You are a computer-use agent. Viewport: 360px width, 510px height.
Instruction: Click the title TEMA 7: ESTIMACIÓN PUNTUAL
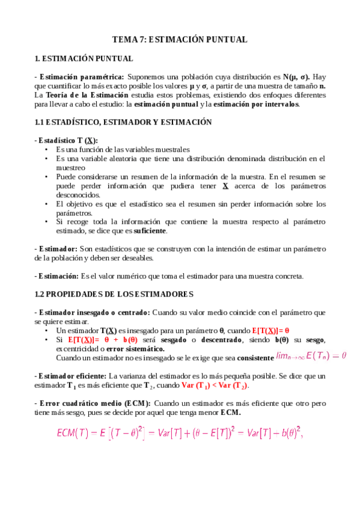(x=180, y=40)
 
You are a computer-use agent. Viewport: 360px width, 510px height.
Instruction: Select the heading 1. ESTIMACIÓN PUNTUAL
(x=84, y=58)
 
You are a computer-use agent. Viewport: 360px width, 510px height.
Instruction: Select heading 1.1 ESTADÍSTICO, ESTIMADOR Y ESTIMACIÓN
(x=123, y=122)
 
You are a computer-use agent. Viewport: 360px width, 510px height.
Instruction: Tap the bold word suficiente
(x=150, y=231)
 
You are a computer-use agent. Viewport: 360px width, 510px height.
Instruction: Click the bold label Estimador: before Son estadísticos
(x=56, y=249)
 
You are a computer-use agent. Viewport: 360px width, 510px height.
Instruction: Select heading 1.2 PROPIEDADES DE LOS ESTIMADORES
(x=114, y=294)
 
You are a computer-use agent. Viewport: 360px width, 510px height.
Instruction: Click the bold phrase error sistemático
(x=135, y=348)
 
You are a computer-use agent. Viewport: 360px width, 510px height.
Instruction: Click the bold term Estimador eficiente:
(x=69, y=376)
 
